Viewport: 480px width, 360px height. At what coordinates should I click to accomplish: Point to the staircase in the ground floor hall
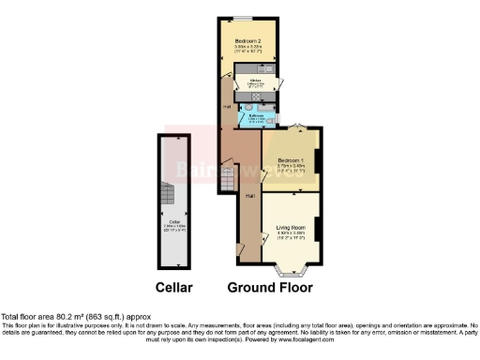click(x=227, y=177)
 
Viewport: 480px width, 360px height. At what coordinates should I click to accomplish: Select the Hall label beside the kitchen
click(x=227, y=107)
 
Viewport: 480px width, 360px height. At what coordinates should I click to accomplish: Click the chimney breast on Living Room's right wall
click(x=319, y=228)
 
